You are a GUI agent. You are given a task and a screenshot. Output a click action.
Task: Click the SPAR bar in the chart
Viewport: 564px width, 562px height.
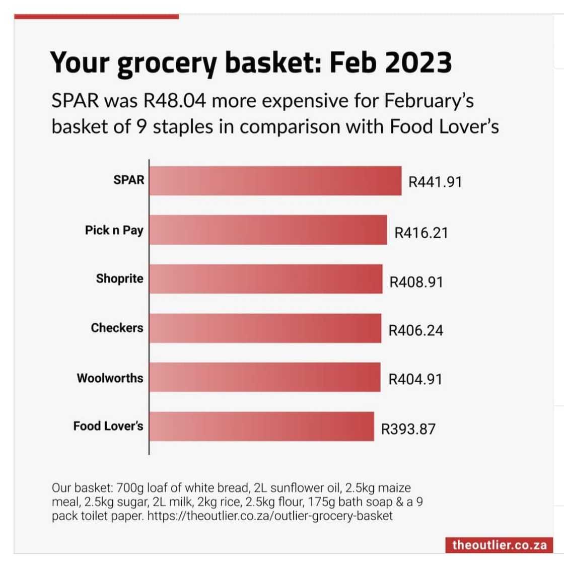tap(275, 181)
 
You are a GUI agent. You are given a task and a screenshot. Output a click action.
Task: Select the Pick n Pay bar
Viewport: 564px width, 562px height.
tap(268, 230)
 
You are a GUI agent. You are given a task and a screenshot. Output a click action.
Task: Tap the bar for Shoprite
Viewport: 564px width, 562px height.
tap(265, 279)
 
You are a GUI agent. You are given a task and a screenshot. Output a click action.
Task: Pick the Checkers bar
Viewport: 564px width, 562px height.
tap(265, 328)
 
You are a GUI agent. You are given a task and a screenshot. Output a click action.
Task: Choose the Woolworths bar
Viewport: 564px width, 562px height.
tap(264, 377)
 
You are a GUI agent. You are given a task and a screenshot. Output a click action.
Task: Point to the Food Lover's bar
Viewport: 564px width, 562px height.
tap(261, 427)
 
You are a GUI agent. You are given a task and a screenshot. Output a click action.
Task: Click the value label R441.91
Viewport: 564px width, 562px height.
tap(435, 182)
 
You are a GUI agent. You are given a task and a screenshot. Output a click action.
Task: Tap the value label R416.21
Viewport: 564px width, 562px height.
tap(421, 233)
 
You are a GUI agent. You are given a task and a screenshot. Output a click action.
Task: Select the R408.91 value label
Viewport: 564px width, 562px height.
tap(416, 282)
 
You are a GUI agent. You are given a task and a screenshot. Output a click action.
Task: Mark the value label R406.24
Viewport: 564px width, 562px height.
tap(416, 331)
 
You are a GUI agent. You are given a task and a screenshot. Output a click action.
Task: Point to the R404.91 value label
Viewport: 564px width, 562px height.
tap(415, 379)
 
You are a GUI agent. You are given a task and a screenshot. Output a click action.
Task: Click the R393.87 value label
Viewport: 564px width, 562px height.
tap(408, 429)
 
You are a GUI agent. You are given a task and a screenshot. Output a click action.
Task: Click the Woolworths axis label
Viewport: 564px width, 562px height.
tap(110, 378)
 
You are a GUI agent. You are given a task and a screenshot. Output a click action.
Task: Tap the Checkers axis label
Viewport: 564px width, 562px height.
tap(117, 328)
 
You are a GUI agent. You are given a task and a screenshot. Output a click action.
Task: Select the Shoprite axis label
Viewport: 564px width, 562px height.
tap(119, 278)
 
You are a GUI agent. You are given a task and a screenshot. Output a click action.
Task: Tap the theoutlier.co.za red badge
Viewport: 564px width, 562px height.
tap(499, 544)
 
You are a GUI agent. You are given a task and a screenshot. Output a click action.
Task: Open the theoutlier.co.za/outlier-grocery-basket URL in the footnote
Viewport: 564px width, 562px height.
tap(270, 516)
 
